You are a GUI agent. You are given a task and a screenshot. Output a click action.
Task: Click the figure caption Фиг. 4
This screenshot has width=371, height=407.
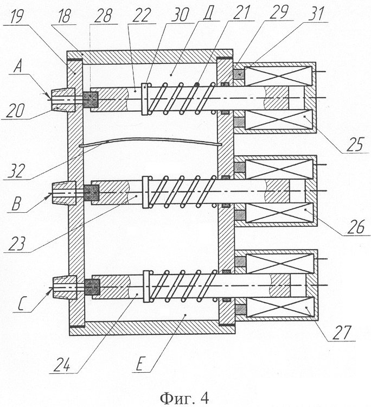point(184,398)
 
